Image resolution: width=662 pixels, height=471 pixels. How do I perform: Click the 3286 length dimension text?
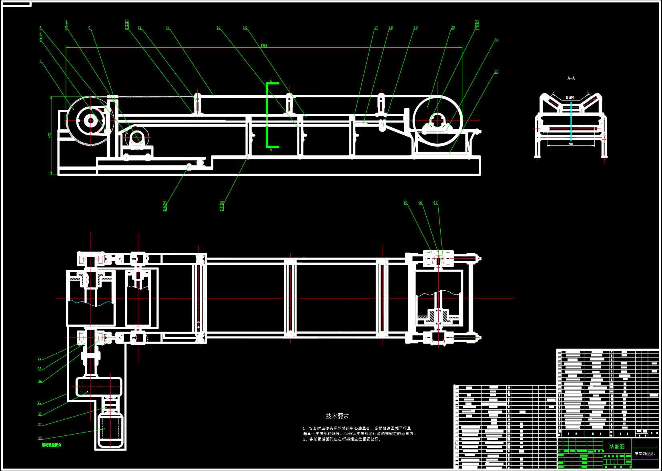pyautogui.click(x=264, y=46)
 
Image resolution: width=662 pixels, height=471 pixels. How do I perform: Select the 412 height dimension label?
pyautogui.click(x=50, y=135)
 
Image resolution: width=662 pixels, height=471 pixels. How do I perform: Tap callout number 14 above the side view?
pyautogui.click(x=168, y=28)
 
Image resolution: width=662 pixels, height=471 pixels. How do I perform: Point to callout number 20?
pyautogui.click(x=453, y=28)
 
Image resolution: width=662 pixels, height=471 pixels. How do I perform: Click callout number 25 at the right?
pyautogui.click(x=496, y=72)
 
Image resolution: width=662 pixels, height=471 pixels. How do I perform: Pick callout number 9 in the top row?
pyautogui.click(x=89, y=28)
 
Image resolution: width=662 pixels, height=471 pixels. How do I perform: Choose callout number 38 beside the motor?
pyautogui.click(x=40, y=438)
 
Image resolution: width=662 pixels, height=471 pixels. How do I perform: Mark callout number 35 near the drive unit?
pyautogui.click(x=40, y=403)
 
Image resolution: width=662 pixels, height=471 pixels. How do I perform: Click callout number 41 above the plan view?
pyautogui.click(x=435, y=203)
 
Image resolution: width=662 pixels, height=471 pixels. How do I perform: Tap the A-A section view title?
pyautogui.click(x=571, y=78)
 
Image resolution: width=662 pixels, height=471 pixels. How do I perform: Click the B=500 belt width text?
pyautogui.click(x=570, y=98)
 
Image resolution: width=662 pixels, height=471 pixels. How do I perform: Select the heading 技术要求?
pyautogui.click(x=337, y=417)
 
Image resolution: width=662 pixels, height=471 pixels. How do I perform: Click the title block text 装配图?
pyautogui.click(x=617, y=447)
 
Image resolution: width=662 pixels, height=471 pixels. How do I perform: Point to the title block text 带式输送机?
pyautogui.click(x=645, y=454)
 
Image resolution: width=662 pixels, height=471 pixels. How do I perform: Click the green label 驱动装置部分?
pyautogui.click(x=52, y=445)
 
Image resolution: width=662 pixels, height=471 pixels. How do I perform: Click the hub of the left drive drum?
pyautogui.click(x=91, y=121)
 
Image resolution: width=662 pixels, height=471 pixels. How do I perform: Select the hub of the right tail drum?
pyautogui.click(x=437, y=120)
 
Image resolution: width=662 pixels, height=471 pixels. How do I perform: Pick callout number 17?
pyautogui.click(x=376, y=28)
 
